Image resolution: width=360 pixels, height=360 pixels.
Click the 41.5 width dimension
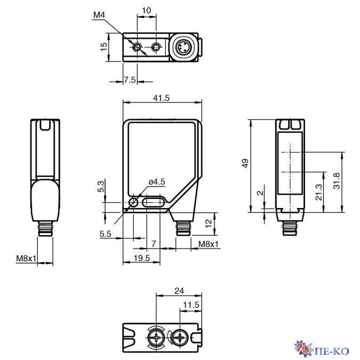[161, 98]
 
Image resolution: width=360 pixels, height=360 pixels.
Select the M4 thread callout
[99, 15]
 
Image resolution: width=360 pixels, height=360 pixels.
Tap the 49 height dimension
[245, 163]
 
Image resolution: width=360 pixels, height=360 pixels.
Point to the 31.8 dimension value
[337, 181]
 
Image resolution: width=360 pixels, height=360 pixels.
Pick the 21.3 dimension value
[319, 193]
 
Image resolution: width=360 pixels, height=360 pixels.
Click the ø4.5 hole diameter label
[157, 182]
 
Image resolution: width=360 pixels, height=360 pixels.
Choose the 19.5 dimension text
[142, 258]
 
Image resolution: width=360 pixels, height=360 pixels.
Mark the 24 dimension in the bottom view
[179, 291]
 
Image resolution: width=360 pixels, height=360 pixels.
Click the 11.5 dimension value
[191, 305]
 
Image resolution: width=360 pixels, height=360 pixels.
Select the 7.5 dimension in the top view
[130, 80]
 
